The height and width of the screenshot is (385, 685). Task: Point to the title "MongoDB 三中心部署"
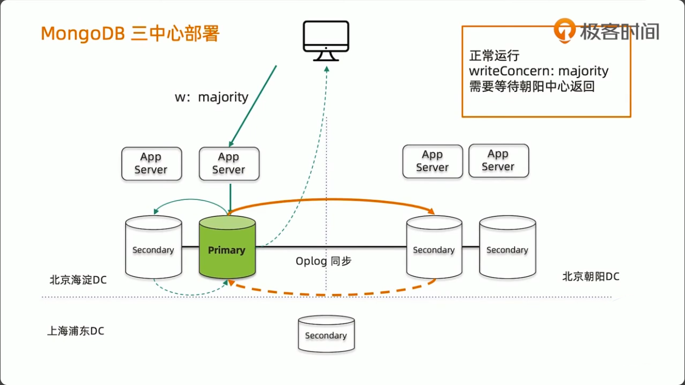pos(130,34)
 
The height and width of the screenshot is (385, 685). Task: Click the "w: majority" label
pos(212,97)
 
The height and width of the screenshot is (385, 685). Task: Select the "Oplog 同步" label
pos(323,261)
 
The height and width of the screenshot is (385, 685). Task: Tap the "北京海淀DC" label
pos(78,280)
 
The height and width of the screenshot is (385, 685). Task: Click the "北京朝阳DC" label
pos(591,276)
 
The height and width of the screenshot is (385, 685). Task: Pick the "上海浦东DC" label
pos(76,331)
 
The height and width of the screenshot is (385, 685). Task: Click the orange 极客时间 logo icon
pos(565,30)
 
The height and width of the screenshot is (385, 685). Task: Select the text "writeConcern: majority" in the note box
pos(538,71)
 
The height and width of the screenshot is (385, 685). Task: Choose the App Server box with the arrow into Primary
pos(229,163)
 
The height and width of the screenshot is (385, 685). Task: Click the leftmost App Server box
pos(151,163)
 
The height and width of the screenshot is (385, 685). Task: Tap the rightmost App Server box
pos(498,161)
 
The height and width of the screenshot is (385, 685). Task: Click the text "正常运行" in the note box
pos(494,56)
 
